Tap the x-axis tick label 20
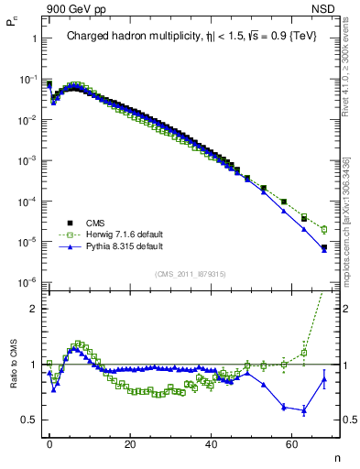click(x=131, y=444)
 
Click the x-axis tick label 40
click(x=212, y=444)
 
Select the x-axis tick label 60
click(x=292, y=444)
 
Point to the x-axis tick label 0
click(x=50, y=444)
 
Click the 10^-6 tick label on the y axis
click(x=25, y=282)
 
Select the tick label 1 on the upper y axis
click(x=33, y=39)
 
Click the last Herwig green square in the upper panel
click(x=324, y=229)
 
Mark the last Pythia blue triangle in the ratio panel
click(x=324, y=380)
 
